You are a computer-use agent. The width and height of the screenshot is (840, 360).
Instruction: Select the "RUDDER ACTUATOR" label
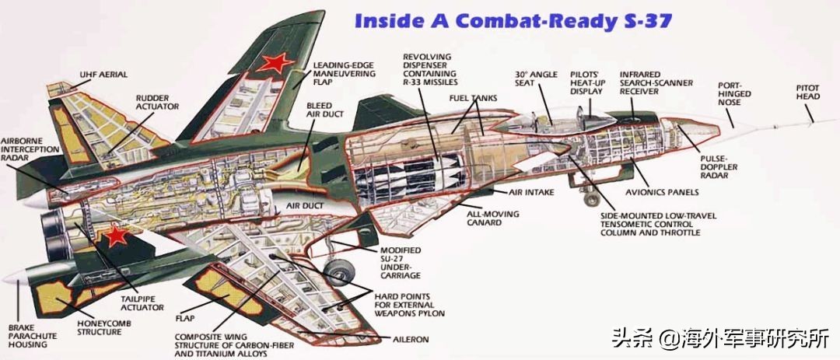click(157, 101)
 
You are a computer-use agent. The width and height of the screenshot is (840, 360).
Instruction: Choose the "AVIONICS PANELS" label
click(661, 192)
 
